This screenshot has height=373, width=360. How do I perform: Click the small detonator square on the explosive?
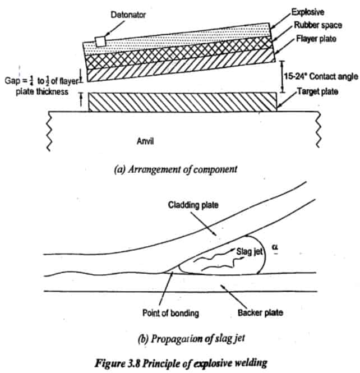(x=100, y=41)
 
